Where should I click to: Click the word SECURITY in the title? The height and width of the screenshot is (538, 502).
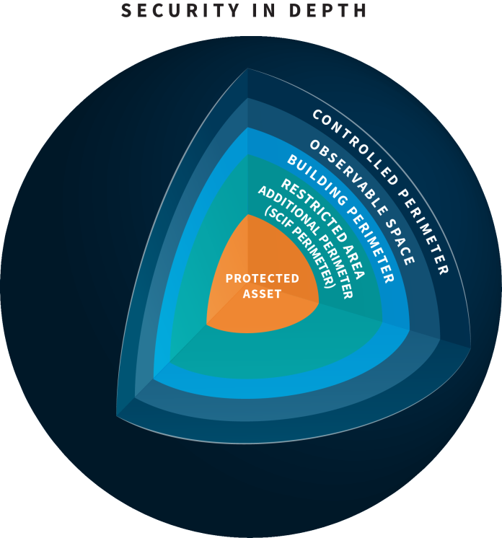[x=180, y=10]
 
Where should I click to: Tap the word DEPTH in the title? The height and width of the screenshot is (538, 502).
[x=327, y=10]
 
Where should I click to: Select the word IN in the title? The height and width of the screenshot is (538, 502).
[x=264, y=10]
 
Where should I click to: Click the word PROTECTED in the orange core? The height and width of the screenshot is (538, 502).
[x=262, y=278]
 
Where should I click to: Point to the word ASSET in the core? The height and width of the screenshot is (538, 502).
[x=262, y=294]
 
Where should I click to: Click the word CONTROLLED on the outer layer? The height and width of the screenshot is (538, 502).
[x=355, y=146]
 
